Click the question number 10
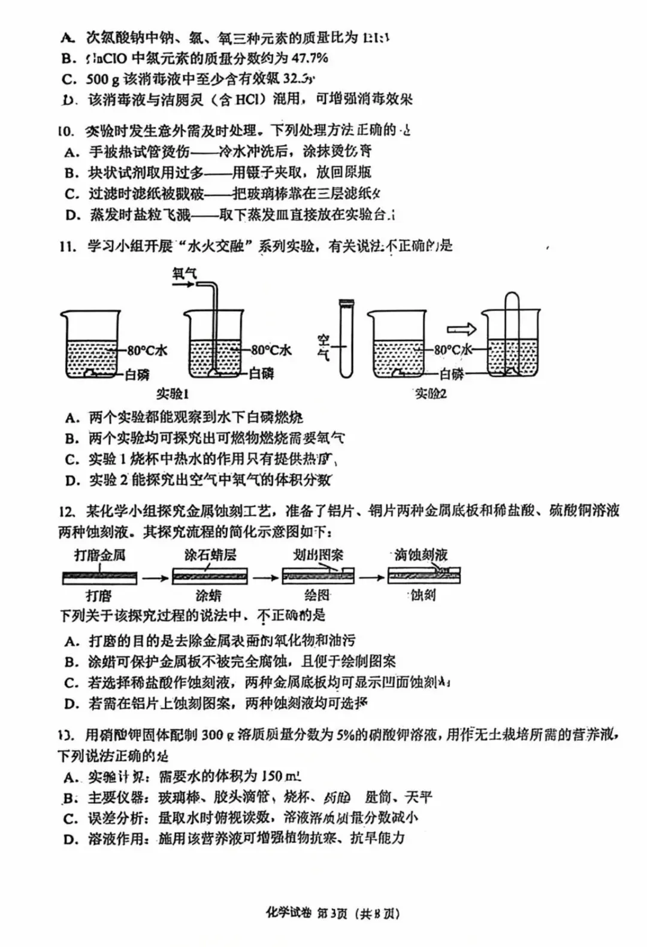66,131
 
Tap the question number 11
67,246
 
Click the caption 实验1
172,394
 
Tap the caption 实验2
431,394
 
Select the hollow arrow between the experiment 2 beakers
462,329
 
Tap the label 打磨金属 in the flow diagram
99,555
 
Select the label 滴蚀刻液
421,555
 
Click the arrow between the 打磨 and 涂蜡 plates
155,578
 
